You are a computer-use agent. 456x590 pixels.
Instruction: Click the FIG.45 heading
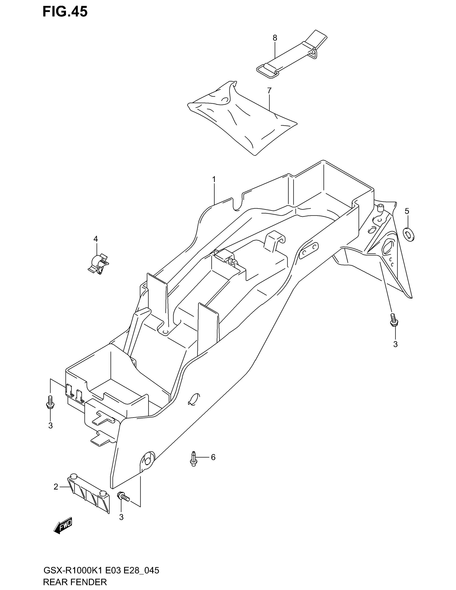(65, 12)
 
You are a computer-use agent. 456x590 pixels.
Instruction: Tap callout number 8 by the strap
(275, 38)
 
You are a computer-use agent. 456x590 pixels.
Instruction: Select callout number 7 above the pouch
(269, 91)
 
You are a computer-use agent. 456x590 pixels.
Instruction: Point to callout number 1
(214, 179)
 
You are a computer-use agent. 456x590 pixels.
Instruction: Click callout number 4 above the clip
(96, 239)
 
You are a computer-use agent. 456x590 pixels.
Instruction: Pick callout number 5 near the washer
(407, 211)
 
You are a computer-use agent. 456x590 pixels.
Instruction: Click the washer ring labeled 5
(409, 234)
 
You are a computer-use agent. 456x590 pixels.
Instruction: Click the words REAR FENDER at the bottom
(75, 582)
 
